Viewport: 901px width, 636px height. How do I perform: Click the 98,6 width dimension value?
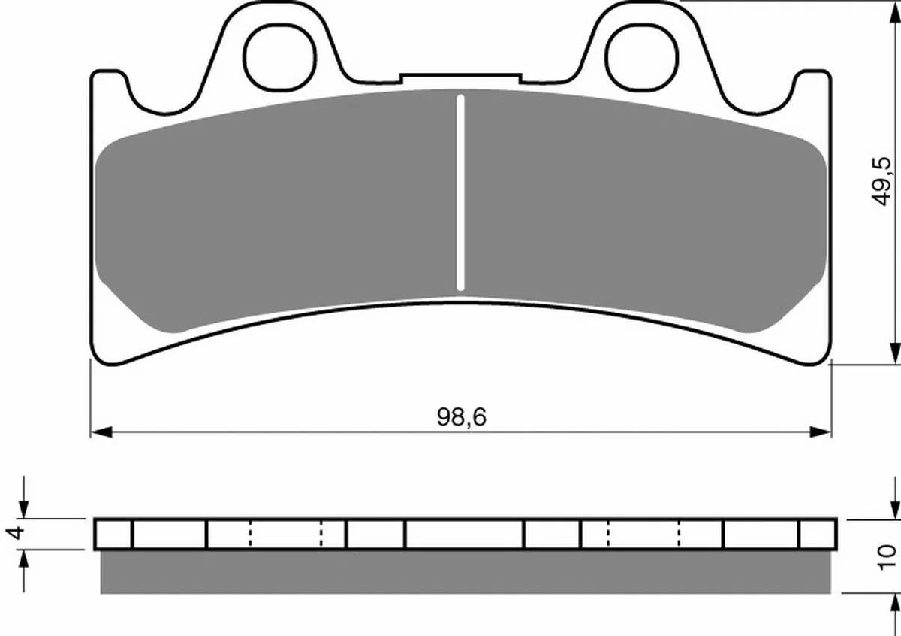click(x=461, y=417)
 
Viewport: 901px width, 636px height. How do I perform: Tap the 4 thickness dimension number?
click(x=15, y=533)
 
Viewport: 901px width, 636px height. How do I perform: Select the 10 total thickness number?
click(x=887, y=558)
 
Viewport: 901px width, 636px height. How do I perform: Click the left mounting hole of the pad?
click(x=279, y=57)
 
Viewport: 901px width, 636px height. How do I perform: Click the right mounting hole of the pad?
click(x=642, y=57)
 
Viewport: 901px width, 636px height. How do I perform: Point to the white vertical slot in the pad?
click(x=460, y=192)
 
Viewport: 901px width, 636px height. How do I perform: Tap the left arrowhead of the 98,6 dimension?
click(x=101, y=432)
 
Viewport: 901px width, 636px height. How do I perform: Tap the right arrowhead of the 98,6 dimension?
click(x=821, y=432)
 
